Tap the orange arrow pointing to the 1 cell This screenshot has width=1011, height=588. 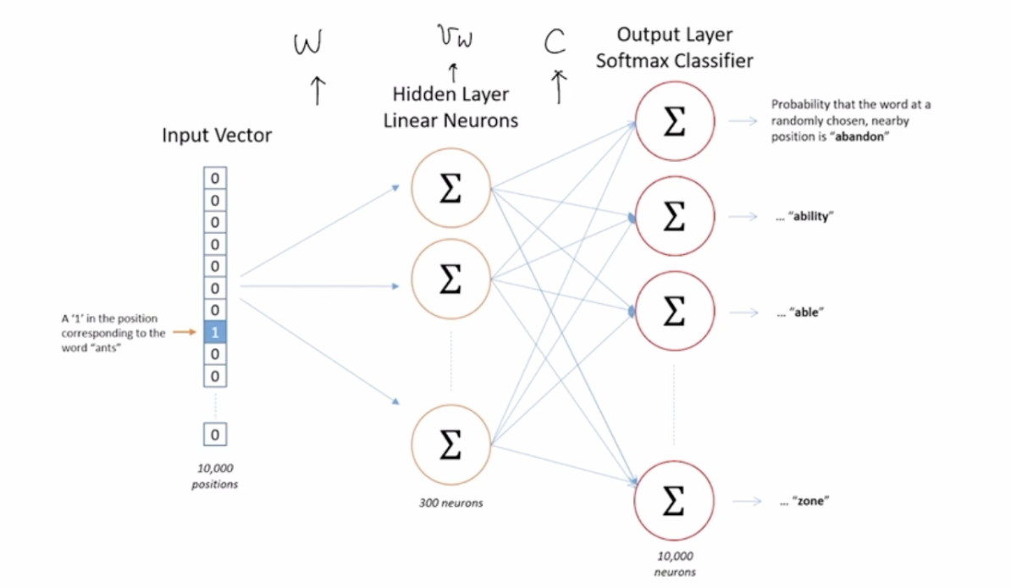click(x=185, y=332)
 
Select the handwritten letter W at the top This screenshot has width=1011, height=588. click(x=307, y=42)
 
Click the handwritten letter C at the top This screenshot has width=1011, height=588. click(x=554, y=42)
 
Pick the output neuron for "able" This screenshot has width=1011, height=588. click(x=673, y=312)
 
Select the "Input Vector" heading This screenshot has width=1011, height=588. click(x=218, y=136)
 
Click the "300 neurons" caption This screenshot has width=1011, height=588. click(x=450, y=502)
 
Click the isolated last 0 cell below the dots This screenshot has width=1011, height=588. click(x=214, y=435)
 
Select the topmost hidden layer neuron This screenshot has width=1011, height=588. click(x=450, y=191)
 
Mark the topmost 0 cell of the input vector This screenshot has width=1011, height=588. click(x=214, y=179)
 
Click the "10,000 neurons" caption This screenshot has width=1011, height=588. click(x=674, y=563)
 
